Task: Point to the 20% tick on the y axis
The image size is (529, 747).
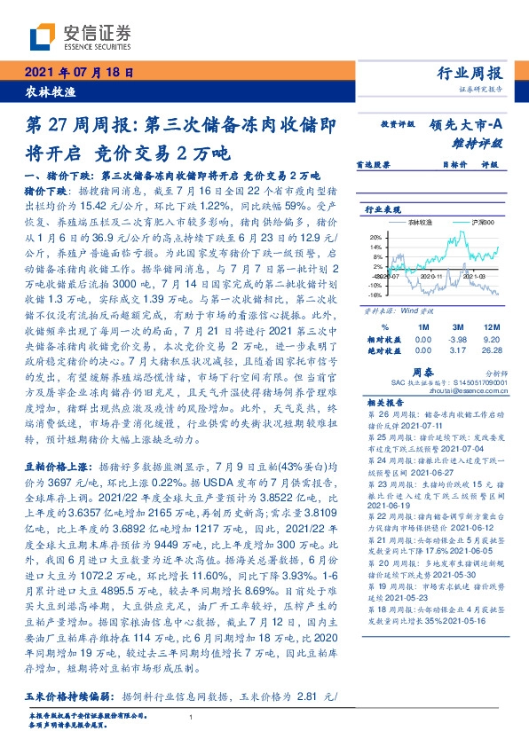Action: [x=375, y=238]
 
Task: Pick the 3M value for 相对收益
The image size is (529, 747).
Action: [x=457, y=314]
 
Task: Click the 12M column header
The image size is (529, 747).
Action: [x=492, y=303]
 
